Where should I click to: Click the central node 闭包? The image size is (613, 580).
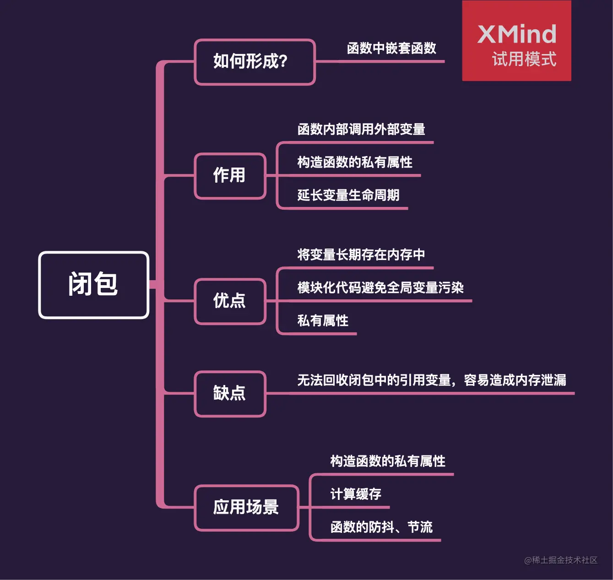(93, 285)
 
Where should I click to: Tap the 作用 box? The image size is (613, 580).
(230, 176)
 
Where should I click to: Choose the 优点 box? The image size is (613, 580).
(230, 301)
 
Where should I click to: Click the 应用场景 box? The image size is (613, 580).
(246, 508)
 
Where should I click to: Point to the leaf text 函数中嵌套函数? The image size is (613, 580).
(391, 49)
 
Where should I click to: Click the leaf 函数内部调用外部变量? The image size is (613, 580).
(361, 130)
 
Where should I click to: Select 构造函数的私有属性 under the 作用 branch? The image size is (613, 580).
(355, 163)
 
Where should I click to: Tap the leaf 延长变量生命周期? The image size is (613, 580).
(348, 195)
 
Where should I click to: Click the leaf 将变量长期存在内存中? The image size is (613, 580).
(361, 255)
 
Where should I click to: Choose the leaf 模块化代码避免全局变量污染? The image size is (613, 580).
(380, 288)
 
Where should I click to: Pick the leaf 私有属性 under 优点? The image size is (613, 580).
(323, 321)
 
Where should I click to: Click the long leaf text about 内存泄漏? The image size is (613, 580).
(432, 380)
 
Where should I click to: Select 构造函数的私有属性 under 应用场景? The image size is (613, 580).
(388, 461)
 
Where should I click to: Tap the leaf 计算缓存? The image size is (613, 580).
(356, 494)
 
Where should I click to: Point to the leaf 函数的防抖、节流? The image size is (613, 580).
(381, 527)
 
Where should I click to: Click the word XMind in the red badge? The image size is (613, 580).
(517, 34)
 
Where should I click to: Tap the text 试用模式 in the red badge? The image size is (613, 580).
(524, 60)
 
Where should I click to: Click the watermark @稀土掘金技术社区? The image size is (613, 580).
(561, 560)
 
